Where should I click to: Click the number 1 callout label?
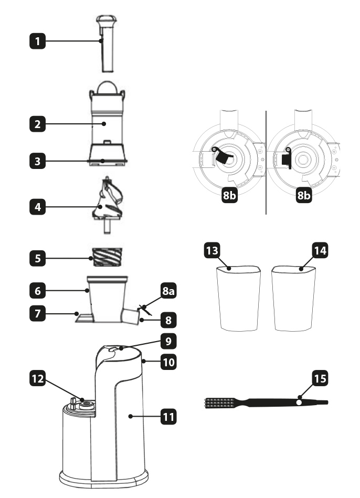pyautogui.click(x=37, y=41)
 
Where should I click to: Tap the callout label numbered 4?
pyautogui.click(x=37, y=207)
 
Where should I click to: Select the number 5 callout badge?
pyautogui.click(x=37, y=258)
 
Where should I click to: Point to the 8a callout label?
pyautogui.click(x=168, y=291)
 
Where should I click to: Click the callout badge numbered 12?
pyautogui.click(x=37, y=378)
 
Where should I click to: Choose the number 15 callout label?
pyautogui.click(x=320, y=378)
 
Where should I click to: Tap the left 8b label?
pyautogui.click(x=229, y=195)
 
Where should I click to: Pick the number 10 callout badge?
pyautogui.click(x=168, y=362)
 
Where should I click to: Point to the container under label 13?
pyautogui.click(x=239, y=298)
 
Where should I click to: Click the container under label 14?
pyautogui.click(x=293, y=299)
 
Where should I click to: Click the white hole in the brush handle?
pyautogui.click(x=299, y=402)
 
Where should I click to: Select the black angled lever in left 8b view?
pyautogui.click(x=224, y=156)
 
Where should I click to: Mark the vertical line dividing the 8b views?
pyautogui.click(x=266, y=163)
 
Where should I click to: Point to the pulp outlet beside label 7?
pyautogui.click(x=84, y=318)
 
